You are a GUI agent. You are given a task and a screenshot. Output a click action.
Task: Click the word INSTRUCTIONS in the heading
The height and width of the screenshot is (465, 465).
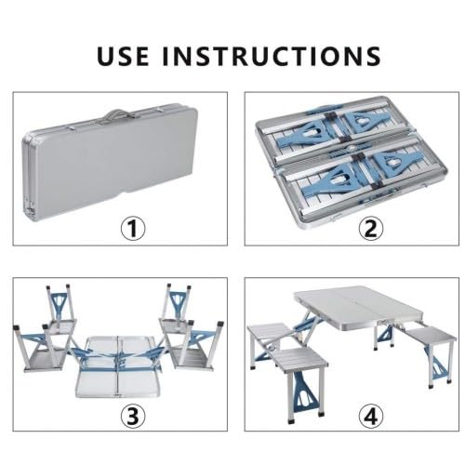tap(272, 55)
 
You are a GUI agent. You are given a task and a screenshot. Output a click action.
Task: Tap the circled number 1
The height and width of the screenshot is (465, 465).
tap(137, 228)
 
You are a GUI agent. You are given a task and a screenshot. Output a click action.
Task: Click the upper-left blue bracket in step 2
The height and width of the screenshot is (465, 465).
tap(308, 126)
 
